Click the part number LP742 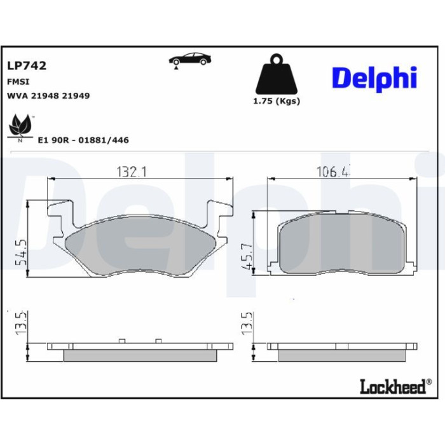pos(27,66)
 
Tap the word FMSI pos(18,82)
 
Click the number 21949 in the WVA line pos(76,96)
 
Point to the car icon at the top pos(190,60)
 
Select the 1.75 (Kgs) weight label pos(277,101)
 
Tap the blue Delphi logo pos(374,78)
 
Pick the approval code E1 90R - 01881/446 pos(83,140)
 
